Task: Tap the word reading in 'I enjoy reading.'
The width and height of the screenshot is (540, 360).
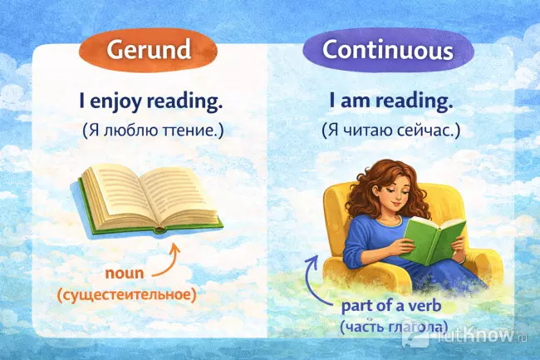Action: (192, 103)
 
